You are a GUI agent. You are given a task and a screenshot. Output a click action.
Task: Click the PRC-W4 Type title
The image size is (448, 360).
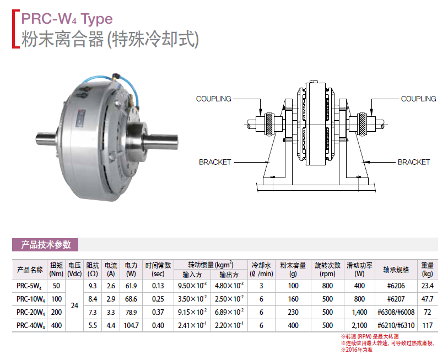(x=67, y=19)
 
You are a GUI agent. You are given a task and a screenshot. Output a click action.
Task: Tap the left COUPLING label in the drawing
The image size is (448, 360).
(x=213, y=99)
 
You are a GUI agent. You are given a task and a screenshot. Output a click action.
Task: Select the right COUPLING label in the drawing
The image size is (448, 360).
(x=418, y=99)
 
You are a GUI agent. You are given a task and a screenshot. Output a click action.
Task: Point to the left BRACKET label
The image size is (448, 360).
(x=215, y=162)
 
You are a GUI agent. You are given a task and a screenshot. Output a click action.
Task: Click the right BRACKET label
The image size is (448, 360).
(x=414, y=162)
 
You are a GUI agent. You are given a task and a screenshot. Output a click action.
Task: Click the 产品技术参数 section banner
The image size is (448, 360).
(x=45, y=244)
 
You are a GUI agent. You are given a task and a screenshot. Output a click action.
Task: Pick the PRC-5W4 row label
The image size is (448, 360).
(x=29, y=286)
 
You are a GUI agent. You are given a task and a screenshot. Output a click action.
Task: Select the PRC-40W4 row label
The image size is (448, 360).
(x=30, y=326)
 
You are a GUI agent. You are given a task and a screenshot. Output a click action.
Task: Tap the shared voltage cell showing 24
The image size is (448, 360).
(x=74, y=305)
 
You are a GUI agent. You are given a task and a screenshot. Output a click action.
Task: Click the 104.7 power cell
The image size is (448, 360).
(x=131, y=325)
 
